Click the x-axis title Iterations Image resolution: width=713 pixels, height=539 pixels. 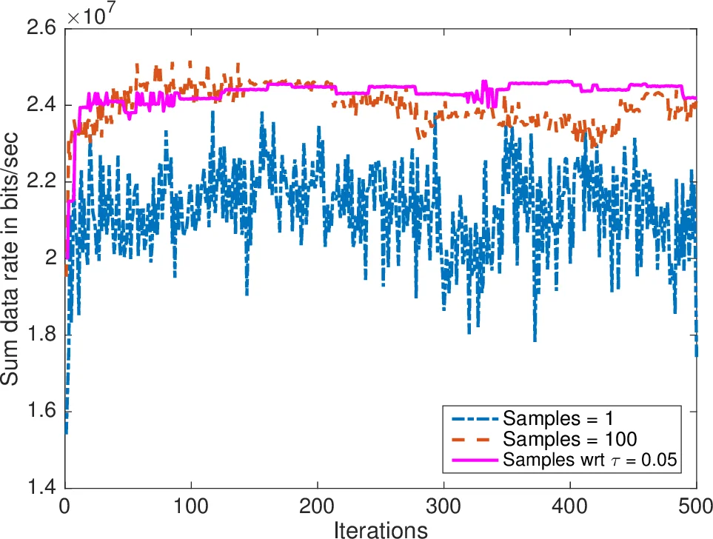381,529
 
